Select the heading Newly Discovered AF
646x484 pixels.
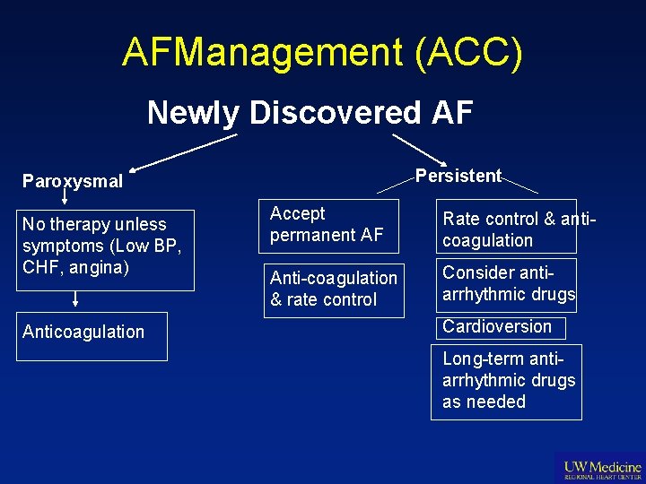click(x=310, y=113)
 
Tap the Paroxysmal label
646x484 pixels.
click(x=73, y=181)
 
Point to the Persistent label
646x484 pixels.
click(x=458, y=176)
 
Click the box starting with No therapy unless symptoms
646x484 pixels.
click(x=107, y=250)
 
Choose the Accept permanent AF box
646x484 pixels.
click(x=327, y=224)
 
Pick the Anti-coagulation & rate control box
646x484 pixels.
click(x=334, y=289)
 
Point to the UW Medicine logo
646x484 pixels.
click(x=600, y=469)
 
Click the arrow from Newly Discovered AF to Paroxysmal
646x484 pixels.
click(x=184, y=152)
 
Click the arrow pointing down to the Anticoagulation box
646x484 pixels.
click(x=74, y=298)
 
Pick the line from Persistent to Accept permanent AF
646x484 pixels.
click(x=396, y=184)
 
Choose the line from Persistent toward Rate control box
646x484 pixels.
click(x=519, y=185)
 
